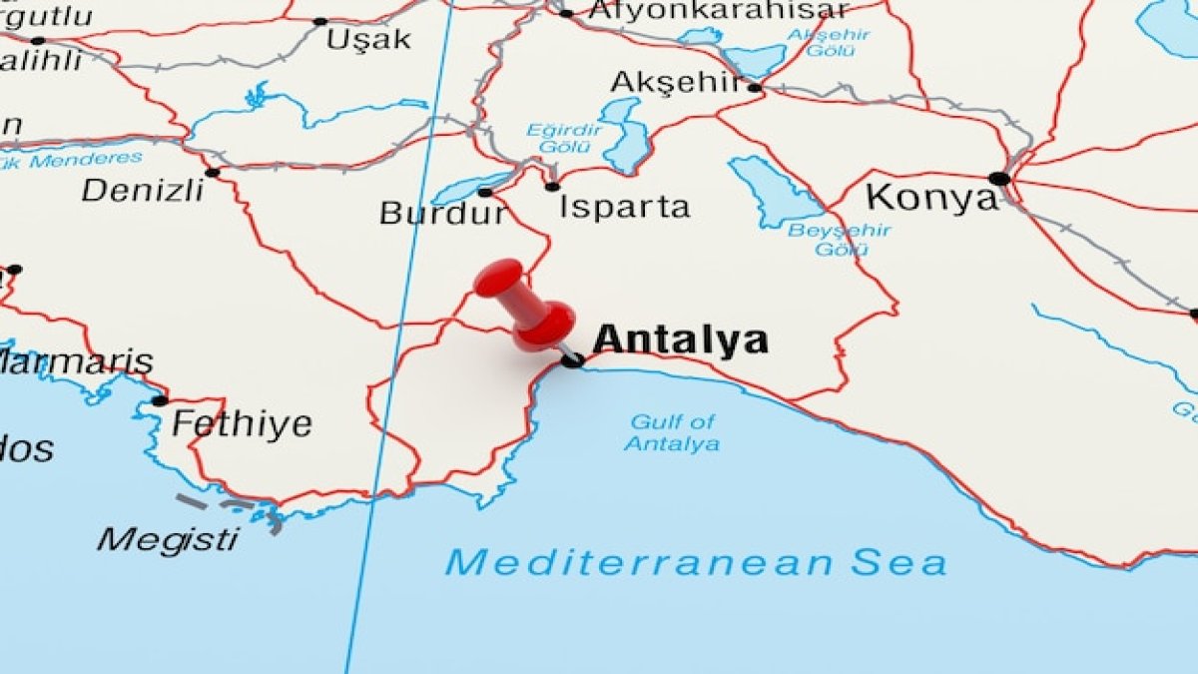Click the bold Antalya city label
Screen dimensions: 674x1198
pyautogui.click(x=681, y=340)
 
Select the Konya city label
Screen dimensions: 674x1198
pyautogui.click(x=931, y=197)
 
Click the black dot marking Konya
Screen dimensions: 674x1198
pyautogui.click(x=999, y=179)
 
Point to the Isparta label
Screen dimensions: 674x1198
pyautogui.click(x=624, y=207)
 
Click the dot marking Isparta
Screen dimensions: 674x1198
pyautogui.click(x=552, y=187)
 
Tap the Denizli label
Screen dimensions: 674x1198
pyautogui.click(x=142, y=190)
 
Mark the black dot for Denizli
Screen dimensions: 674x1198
pyautogui.click(x=213, y=173)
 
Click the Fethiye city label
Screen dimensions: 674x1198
pyautogui.click(x=242, y=424)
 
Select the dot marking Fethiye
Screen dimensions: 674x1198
pyautogui.click(x=160, y=401)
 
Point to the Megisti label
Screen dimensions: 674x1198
pyautogui.click(x=168, y=540)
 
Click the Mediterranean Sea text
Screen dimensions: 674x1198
pyautogui.click(x=696, y=562)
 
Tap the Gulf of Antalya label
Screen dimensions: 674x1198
pyautogui.click(x=672, y=433)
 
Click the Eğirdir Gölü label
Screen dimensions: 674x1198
pyautogui.click(x=565, y=139)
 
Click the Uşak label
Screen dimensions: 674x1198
pyautogui.click(x=368, y=40)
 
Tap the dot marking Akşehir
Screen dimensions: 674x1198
pyautogui.click(x=755, y=88)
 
